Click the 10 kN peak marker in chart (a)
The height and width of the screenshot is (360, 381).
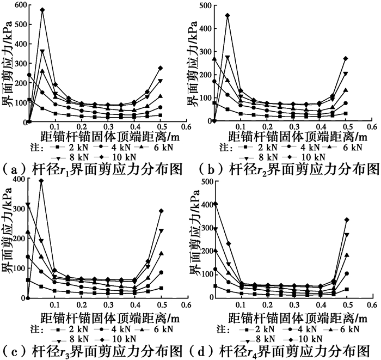(42, 10)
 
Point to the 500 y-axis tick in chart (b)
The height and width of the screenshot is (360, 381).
(206, 5)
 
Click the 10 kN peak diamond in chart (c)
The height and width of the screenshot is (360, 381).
(41, 181)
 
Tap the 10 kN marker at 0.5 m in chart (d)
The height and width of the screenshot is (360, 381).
(347, 220)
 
